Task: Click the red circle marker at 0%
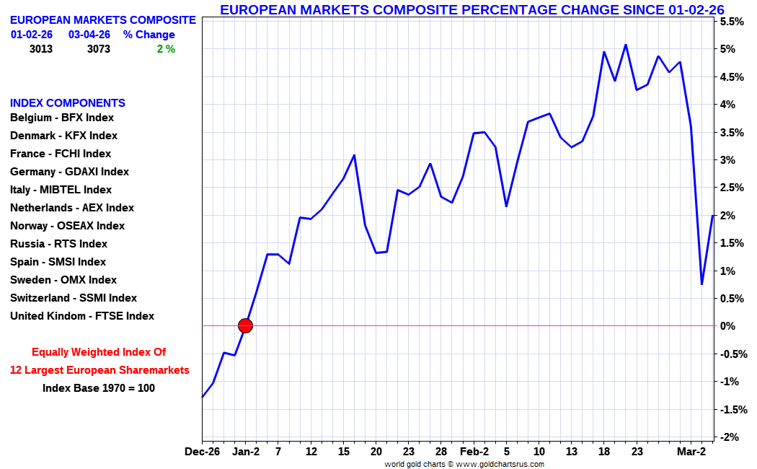(x=245, y=325)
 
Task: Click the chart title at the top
(x=472, y=9)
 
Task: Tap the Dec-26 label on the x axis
(x=202, y=452)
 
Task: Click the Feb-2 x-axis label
(x=474, y=452)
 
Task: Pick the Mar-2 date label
(x=691, y=452)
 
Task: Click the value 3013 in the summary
(x=41, y=49)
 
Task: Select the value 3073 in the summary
(x=99, y=49)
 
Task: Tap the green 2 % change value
(x=166, y=49)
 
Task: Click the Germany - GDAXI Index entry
(x=69, y=172)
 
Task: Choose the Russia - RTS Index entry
(x=58, y=244)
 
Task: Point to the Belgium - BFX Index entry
(x=62, y=118)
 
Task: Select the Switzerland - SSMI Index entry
(x=74, y=298)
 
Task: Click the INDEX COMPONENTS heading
(x=68, y=103)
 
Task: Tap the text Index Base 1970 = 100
(x=99, y=388)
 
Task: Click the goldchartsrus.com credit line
(x=464, y=464)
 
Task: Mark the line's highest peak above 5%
(x=625, y=45)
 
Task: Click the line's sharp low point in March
(x=701, y=284)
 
